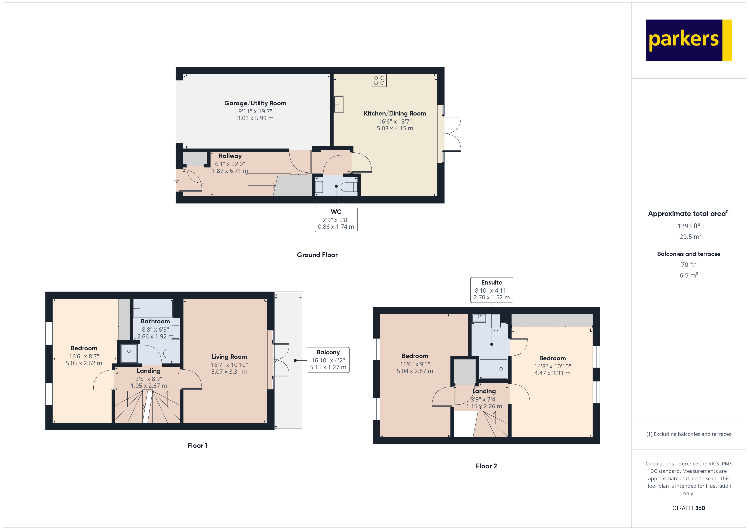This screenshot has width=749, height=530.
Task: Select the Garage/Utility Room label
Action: click(255, 103)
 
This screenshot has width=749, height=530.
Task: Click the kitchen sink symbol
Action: click(339, 104)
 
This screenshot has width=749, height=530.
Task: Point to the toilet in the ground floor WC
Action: click(349, 187)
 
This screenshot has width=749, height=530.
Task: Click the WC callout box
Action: click(336, 219)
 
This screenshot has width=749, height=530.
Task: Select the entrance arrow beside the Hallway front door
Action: click(176, 180)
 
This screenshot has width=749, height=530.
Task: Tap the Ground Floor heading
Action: click(317, 255)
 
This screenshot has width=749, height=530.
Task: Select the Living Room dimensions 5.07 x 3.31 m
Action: click(229, 372)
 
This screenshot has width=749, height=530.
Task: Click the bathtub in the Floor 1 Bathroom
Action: click(153, 308)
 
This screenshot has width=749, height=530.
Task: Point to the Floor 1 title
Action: click(197, 445)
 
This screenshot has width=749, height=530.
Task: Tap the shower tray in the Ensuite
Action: click(494, 369)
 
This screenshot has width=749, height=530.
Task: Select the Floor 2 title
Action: click(486, 466)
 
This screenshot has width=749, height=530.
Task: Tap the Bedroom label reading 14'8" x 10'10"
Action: click(552, 366)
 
